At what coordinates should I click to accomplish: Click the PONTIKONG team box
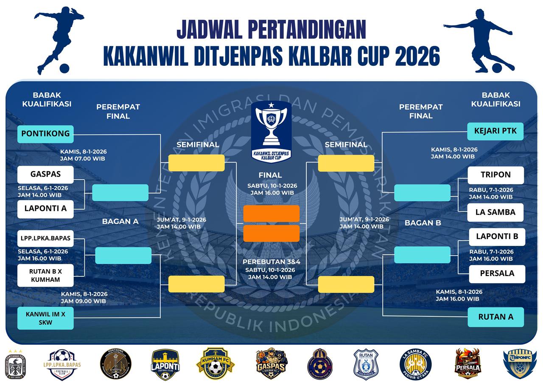point(45,134)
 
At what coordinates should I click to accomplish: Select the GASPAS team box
point(45,174)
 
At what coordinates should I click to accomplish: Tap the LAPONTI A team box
point(45,209)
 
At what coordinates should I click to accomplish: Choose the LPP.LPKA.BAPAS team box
point(45,238)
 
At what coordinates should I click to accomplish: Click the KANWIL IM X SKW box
point(45,318)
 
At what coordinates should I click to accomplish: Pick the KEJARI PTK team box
point(495,131)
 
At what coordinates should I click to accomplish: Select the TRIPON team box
point(495,175)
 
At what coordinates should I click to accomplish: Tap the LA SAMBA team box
point(495,212)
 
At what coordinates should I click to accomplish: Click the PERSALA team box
point(497,274)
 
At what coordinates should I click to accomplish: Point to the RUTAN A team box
point(495,317)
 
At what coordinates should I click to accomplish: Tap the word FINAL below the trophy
point(270,175)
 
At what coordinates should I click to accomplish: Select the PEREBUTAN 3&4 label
point(271,262)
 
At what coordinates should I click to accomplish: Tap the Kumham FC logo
point(215,363)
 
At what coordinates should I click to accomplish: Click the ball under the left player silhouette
point(64,68)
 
